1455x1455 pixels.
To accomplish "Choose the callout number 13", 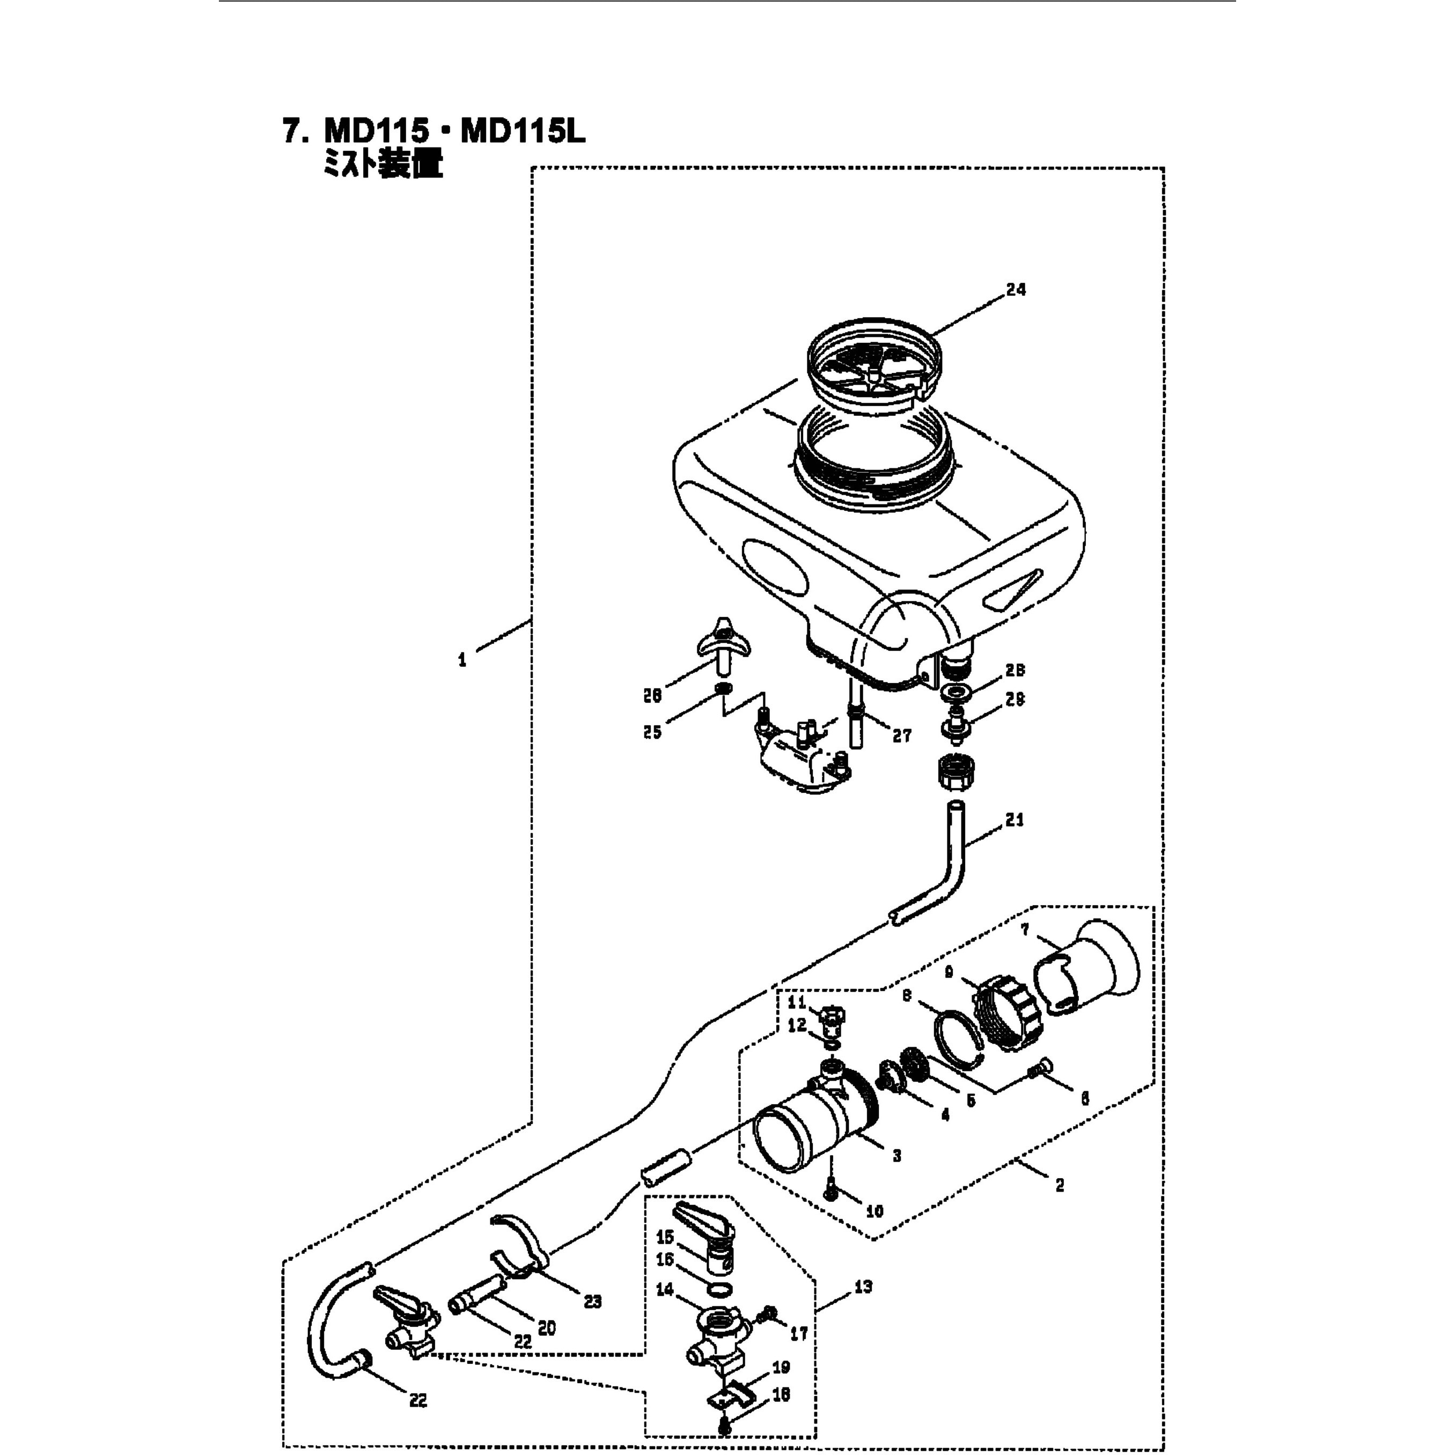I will click(863, 1287).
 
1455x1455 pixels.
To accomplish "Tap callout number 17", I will click(798, 1334).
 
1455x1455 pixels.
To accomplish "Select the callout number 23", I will click(593, 1302).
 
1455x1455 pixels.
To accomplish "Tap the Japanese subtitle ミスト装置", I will click(383, 165).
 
